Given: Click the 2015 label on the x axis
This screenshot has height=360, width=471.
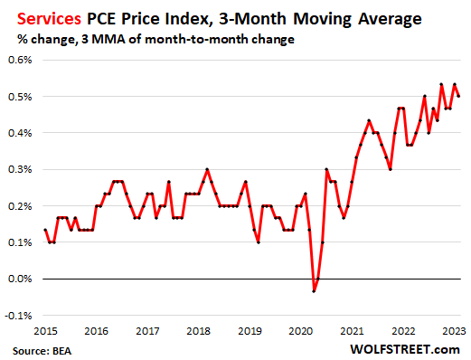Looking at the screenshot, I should tap(45, 330).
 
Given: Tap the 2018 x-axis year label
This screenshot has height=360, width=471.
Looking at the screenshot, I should tap(202, 330).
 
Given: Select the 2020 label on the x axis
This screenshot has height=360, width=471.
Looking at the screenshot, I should tap(306, 330).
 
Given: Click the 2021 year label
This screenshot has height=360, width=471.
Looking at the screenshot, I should tap(359, 330).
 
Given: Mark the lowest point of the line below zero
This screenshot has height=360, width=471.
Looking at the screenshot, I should tap(314, 290).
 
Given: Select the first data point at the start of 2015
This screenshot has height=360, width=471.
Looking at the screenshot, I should tap(45, 230).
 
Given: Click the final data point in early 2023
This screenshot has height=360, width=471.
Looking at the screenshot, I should tap(458, 96).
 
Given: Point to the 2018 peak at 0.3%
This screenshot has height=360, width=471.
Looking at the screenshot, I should tap(207, 169).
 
